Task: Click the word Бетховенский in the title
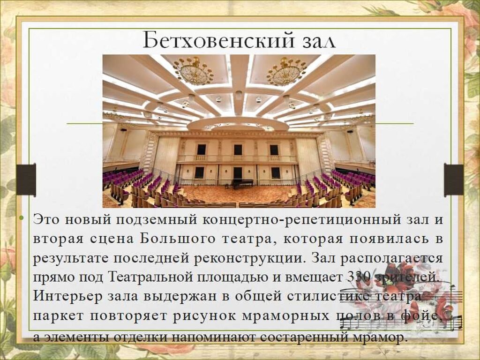(x=218, y=40)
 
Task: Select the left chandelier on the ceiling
(x=194, y=72)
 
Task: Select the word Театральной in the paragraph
(x=150, y=277)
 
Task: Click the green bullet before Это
(x=21, y=217)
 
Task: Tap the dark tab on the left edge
(x=26, y=180)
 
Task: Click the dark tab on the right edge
(x=454, y=180)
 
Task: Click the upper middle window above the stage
(x=238, y=150)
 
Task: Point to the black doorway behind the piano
(x=238, y=174)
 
